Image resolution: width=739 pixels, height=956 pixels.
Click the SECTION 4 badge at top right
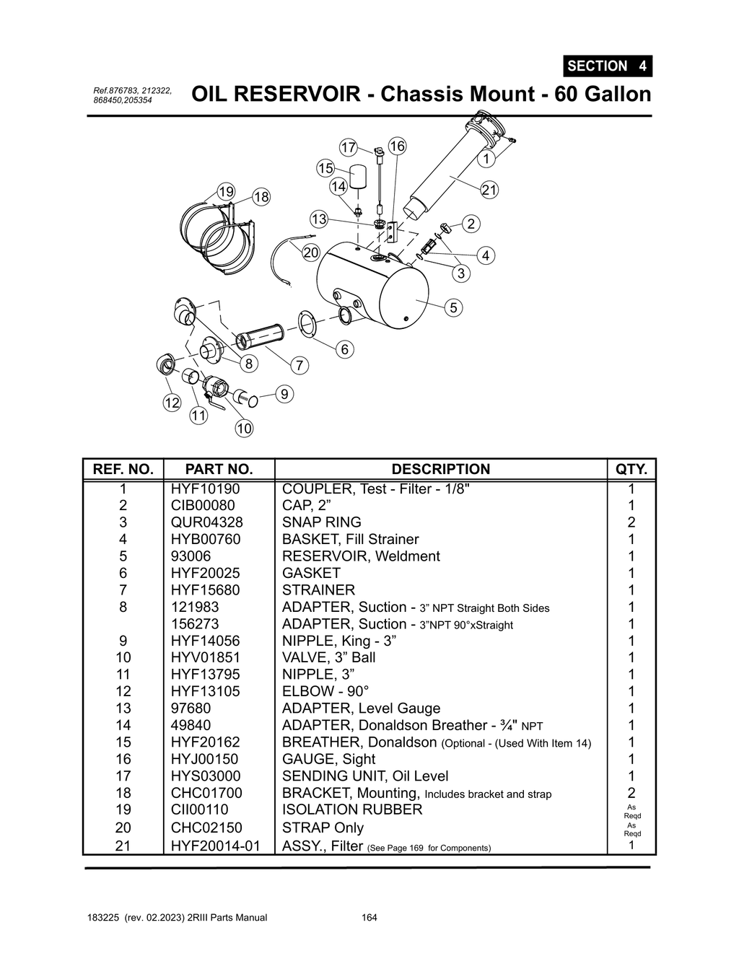point(607,66)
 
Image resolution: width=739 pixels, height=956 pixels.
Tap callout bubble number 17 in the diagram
point(349,147)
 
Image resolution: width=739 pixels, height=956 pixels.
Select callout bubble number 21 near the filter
point(489,190)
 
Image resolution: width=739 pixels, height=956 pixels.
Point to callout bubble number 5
point(453,307)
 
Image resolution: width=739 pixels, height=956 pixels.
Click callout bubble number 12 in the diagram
point(172,403)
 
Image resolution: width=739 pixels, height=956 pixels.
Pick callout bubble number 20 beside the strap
point(310,253)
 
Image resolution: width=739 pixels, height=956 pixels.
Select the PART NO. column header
point(219,469)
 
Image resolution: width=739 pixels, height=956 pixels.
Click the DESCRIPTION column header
point(440,469)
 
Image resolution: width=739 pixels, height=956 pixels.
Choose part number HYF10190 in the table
point(205,488)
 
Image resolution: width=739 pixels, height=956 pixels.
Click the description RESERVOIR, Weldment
point(361,556)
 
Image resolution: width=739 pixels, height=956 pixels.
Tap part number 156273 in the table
point(195,624)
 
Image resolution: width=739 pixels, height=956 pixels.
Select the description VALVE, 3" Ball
point(328,657)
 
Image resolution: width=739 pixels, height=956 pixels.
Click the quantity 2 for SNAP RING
point(631,522)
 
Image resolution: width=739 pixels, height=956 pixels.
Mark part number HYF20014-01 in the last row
point(215,846)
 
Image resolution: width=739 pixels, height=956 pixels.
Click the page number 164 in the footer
point(369,918)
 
